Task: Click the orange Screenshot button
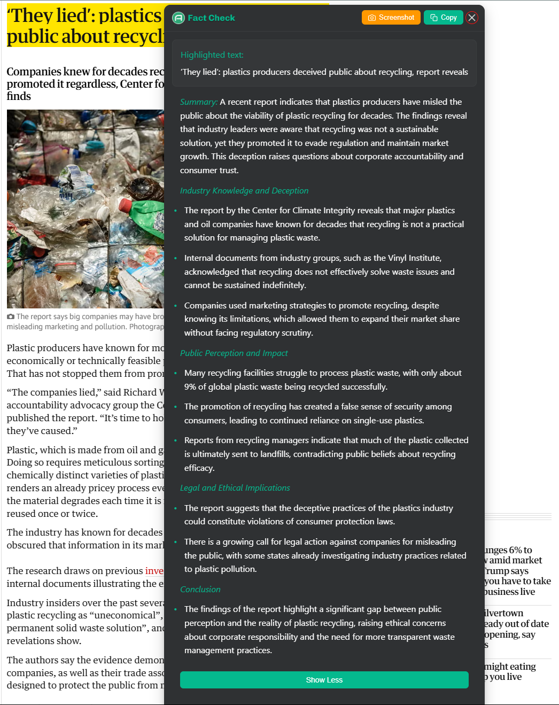tap(391, 18)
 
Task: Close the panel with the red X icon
tap(472, 18)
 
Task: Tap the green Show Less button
tap(324, 680)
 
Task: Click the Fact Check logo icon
tap(178, 18)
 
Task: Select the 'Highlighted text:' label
tap(212, 55)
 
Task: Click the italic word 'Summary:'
tap(198, 102)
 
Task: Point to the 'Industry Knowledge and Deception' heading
tap(244, 191)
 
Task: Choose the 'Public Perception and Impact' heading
tap(234, 353)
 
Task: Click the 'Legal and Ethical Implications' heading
tap(235, 488)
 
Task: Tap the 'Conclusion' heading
tap(200, 590)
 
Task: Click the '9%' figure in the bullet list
tap(191, 387)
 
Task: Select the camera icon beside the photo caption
tap(11, 317)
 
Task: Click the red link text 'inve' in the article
tap(154, 571)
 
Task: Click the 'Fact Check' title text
tap(211, 18)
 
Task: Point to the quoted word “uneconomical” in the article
tap(128, 615)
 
